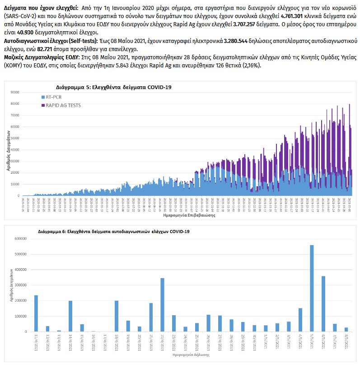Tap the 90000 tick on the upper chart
pos(15,92)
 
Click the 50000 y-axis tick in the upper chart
pos(15,138)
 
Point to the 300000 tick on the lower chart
pos(21,285)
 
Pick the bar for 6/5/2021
pos(323,303)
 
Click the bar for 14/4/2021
pos(70,316)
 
